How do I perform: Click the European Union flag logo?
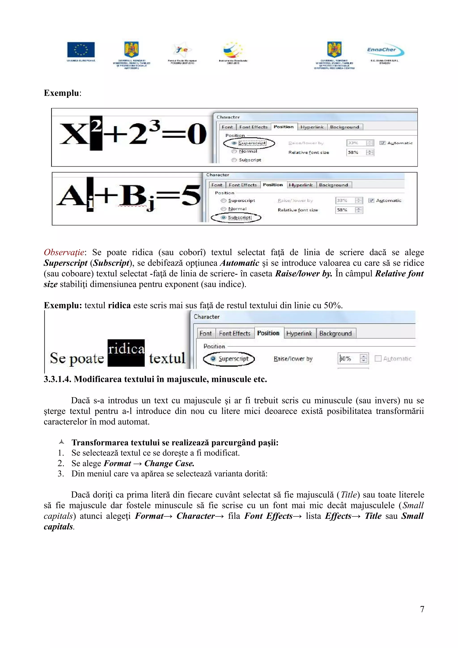pyautogui.click(x=81, y=50)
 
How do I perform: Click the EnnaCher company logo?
pyautogui.click(x=385, y=50)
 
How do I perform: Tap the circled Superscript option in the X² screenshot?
pyautogui.click(x=249, y=143)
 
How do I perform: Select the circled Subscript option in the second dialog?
pyautogui.click(x=236, y=218)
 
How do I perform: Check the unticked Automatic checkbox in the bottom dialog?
pyautogui.click(x=378, y=358)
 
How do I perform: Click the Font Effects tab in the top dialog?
pyautogui.click(x=253, y=127)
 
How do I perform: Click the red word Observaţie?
pyautogui.click(x=64, y=252)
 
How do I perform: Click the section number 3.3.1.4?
pyautogui.click(x=57, y=379)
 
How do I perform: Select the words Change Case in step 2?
pyautogui.click(x=169, y=464)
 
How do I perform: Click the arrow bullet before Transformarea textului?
pyautogui.click(x=61, y=442)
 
